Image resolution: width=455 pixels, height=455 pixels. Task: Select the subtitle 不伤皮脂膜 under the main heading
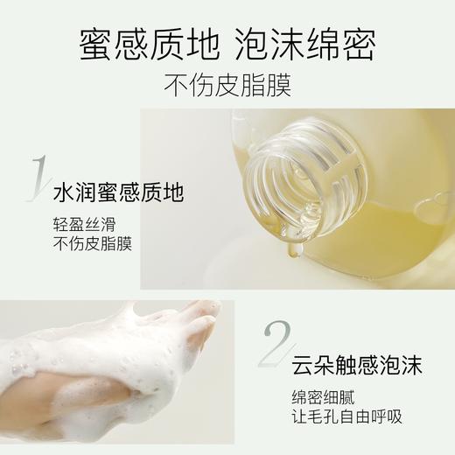point(227,86)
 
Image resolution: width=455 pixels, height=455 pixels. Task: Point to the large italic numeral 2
point(274,340)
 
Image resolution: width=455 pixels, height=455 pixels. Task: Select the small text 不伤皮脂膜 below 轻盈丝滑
point(92,243)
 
